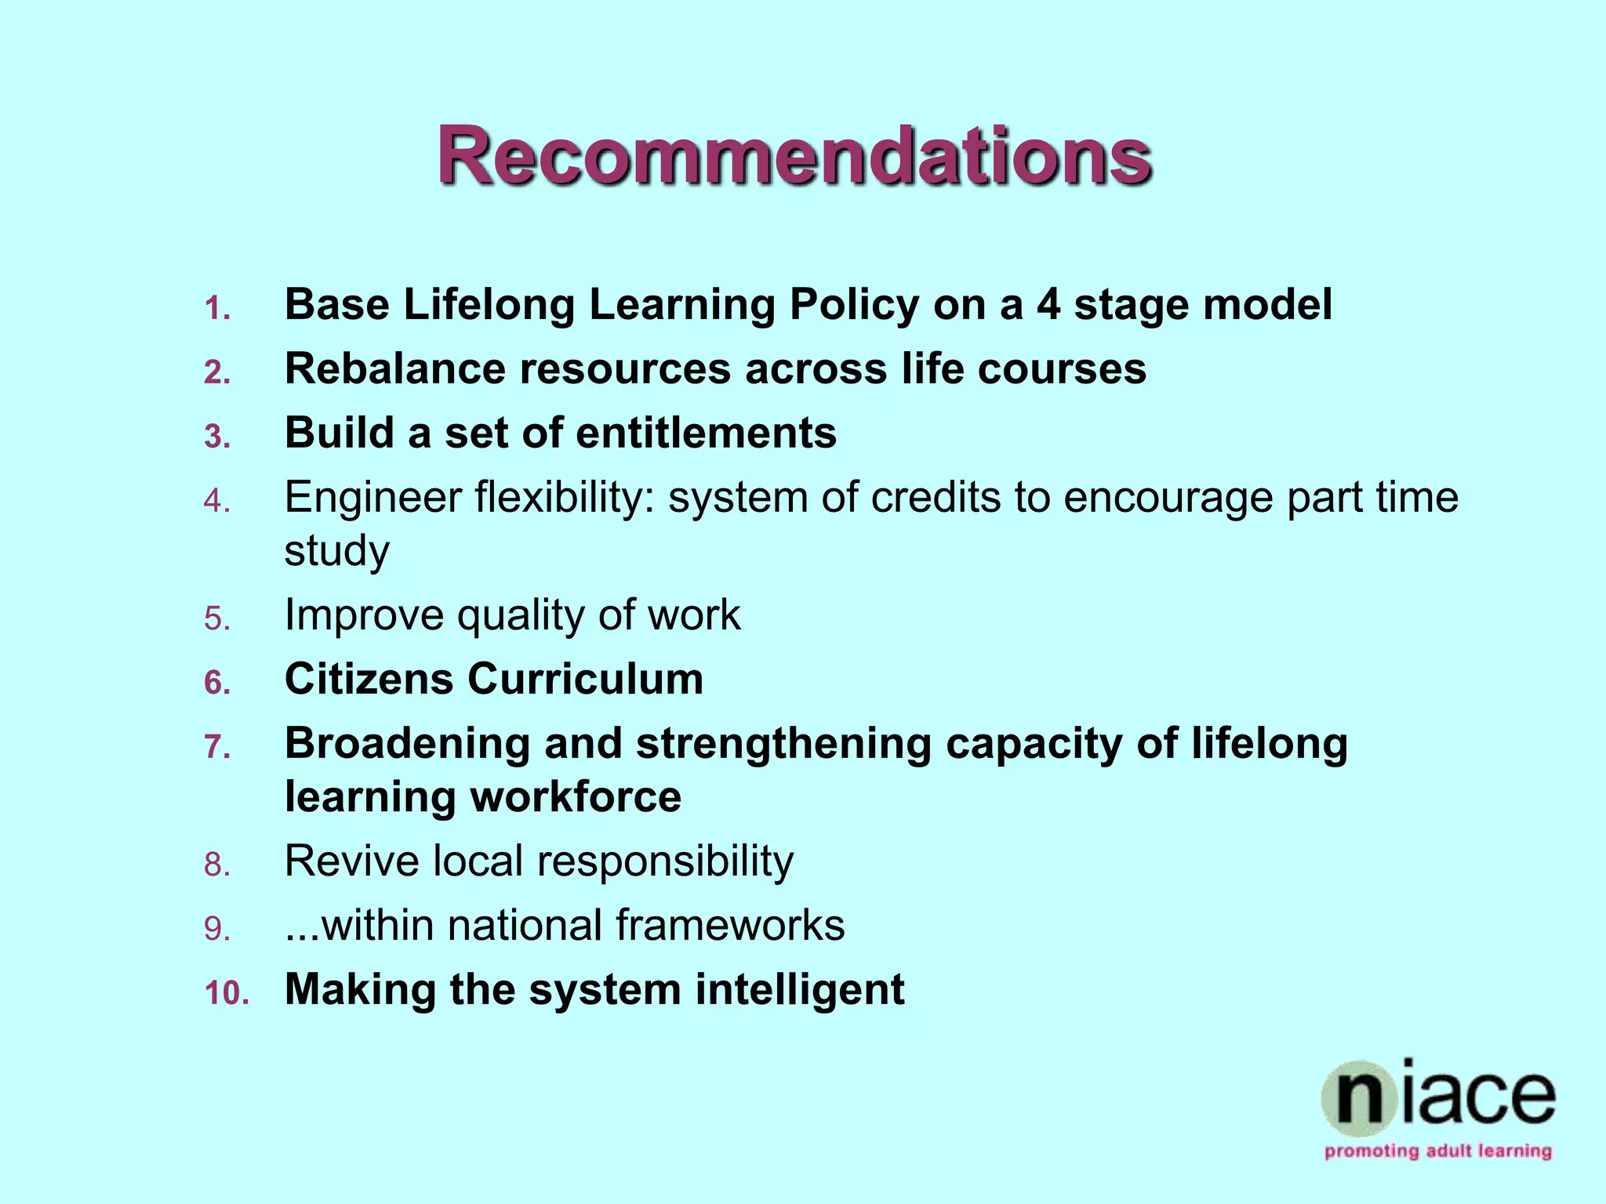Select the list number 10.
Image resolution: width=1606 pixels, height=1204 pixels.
click(x=227, y=993)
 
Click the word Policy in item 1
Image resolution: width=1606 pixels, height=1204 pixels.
click(x=854, y=305)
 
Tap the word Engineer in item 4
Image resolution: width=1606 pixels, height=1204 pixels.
click(x=373, y=499)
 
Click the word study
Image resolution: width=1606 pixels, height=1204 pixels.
click(x=336, y=552)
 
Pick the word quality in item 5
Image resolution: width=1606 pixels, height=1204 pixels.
click(x=521, y=616)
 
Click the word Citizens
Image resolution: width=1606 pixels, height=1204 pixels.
click(x=369, y=679)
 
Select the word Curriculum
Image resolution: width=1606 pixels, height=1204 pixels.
click(x=586, y=679)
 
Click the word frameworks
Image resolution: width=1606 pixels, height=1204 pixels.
click(x=730, y=925)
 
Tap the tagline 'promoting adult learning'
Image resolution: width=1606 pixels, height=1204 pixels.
click(x=1438, y=1151)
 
